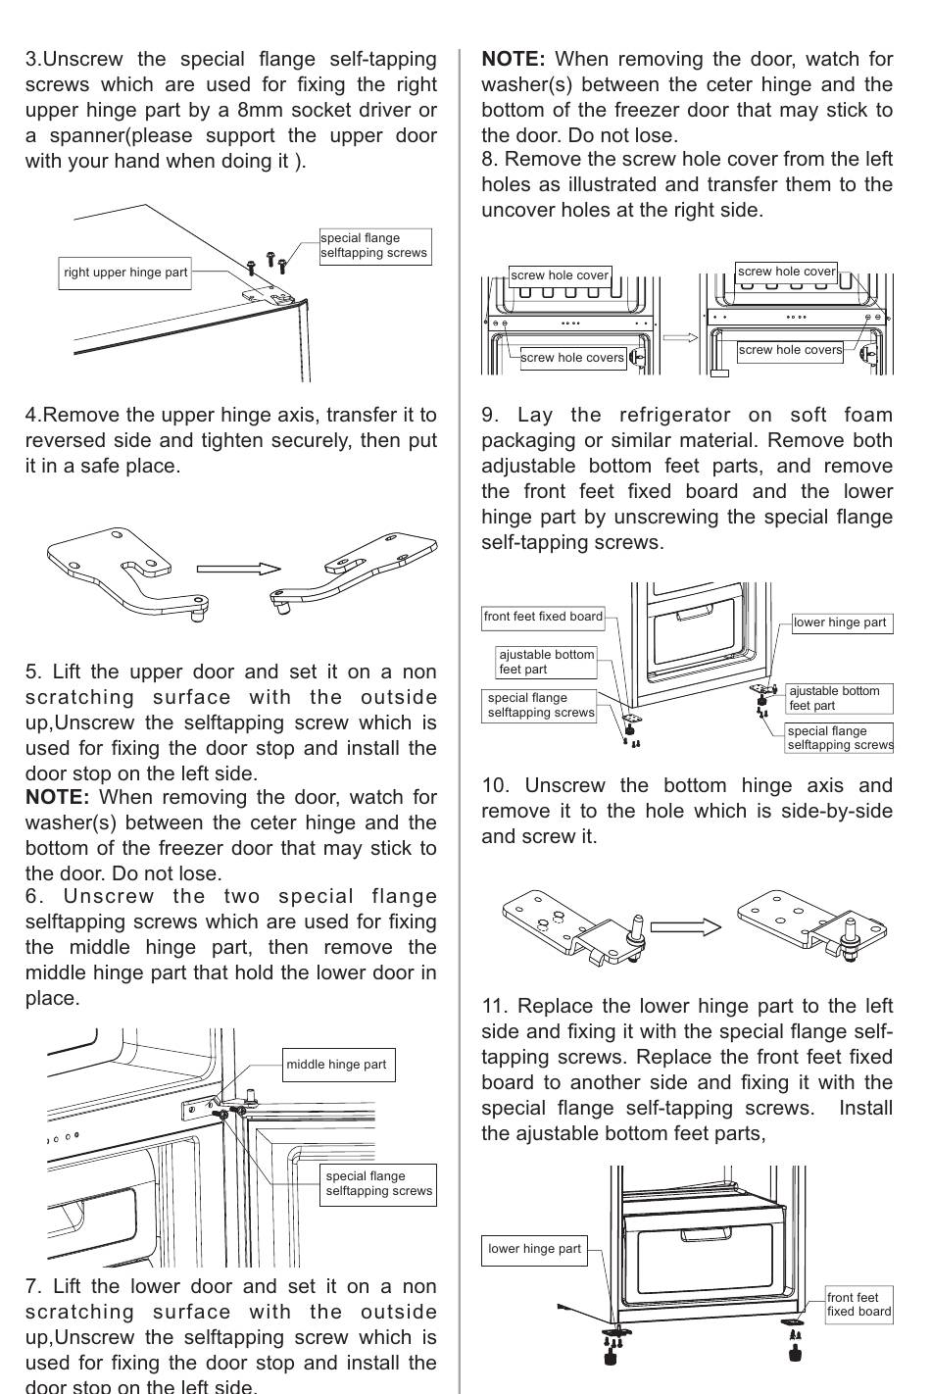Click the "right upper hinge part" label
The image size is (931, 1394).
coord(124,273)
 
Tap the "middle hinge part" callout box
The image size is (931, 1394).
coord(336,1065)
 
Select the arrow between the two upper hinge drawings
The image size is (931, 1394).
coord(238,569)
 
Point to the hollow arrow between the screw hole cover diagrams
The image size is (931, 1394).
coord(680,337)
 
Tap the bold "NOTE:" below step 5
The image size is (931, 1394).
coord(57,797)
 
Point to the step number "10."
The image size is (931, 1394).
coord(497,785)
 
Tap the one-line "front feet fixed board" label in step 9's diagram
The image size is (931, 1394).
coord(543,617)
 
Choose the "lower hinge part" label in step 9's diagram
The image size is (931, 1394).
coord(841,622)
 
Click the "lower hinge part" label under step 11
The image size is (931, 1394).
coord(534,1249)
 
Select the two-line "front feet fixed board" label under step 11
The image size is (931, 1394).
coord(858,1304)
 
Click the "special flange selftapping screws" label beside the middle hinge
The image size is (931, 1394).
coord(378,1183)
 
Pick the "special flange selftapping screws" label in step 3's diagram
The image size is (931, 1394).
coord(373,245)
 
